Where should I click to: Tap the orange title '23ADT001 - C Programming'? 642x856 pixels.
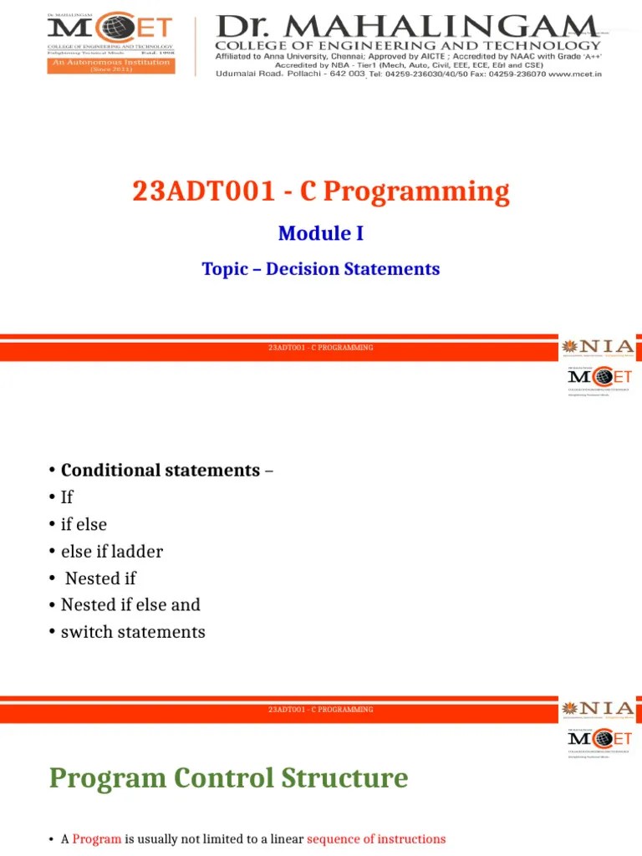click(321, 192)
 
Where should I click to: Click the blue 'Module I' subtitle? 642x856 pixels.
click(321, 233)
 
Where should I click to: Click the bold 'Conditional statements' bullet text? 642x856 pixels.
click(160, 471)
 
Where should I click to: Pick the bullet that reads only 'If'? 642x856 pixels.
click(67, 497)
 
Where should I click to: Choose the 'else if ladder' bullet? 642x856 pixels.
click(112, 552)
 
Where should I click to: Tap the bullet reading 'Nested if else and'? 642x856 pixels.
click(130, 604)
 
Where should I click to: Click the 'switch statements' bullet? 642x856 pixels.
click(133, 632)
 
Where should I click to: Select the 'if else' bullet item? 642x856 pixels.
click(84, 525)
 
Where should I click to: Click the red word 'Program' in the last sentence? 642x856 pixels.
click(97, 839)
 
